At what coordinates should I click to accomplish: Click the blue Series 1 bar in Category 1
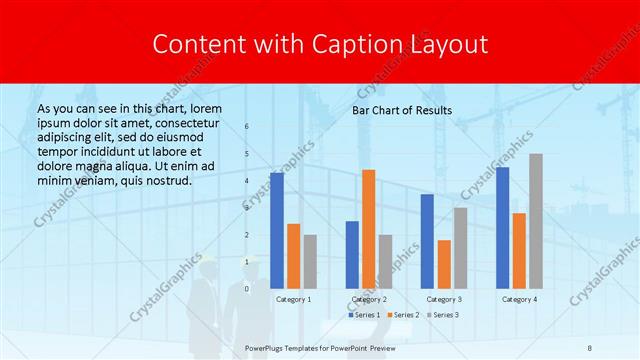click(277, 230)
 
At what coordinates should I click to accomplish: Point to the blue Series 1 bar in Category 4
click(502, 227)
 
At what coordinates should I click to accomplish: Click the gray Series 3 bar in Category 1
click(310, 261)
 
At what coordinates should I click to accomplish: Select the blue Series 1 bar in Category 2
click(352, 254)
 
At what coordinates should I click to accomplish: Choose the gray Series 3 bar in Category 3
click(460, 247)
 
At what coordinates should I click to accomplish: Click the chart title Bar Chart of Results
click(402, 110)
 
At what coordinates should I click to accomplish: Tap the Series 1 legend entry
click(363, 315)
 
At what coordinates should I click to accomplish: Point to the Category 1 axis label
click(293, 299)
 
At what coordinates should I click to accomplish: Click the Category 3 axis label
click(444, 299)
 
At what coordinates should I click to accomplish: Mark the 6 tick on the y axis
click(247, 127)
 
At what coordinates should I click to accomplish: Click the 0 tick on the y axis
click(247, 288)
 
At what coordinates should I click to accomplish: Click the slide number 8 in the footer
click(589, 346)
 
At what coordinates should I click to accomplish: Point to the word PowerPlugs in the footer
click(267, 346)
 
